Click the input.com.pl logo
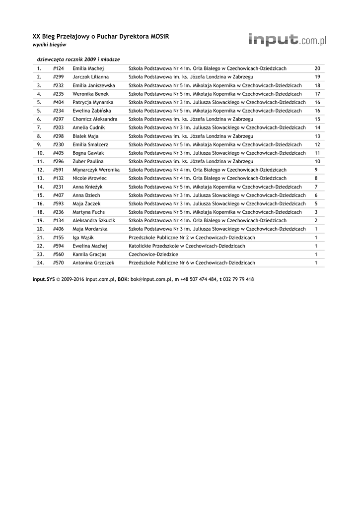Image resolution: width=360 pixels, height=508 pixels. coord(287,40)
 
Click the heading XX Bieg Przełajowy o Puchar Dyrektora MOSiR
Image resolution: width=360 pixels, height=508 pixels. coord(97,37)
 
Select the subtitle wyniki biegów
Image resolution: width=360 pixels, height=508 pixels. coord(49,45)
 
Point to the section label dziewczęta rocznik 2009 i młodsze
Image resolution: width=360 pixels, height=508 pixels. coord(78,59)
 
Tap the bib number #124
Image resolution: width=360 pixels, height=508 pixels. coord(59,68)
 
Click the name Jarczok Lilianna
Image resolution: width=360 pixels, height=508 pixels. coord(91,77)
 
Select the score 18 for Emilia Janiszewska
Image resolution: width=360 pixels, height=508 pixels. coord(317,85)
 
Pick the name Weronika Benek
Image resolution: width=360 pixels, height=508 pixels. coord(90,94)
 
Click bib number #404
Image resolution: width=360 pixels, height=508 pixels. coord(59,102)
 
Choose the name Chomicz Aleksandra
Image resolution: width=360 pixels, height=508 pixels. coord(95,119)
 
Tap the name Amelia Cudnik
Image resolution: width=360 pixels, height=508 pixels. coord(88,127)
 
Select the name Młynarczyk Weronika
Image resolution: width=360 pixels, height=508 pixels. coord(96,170)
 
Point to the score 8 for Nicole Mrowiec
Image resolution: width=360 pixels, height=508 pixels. coord(316,178)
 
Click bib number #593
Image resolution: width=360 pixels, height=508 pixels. coord(59,203)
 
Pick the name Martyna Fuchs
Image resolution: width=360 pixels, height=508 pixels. coord(88,212)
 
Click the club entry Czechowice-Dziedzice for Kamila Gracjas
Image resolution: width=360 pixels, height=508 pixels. coord(153,254)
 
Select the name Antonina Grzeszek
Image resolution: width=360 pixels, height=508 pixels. coord(93,262)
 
